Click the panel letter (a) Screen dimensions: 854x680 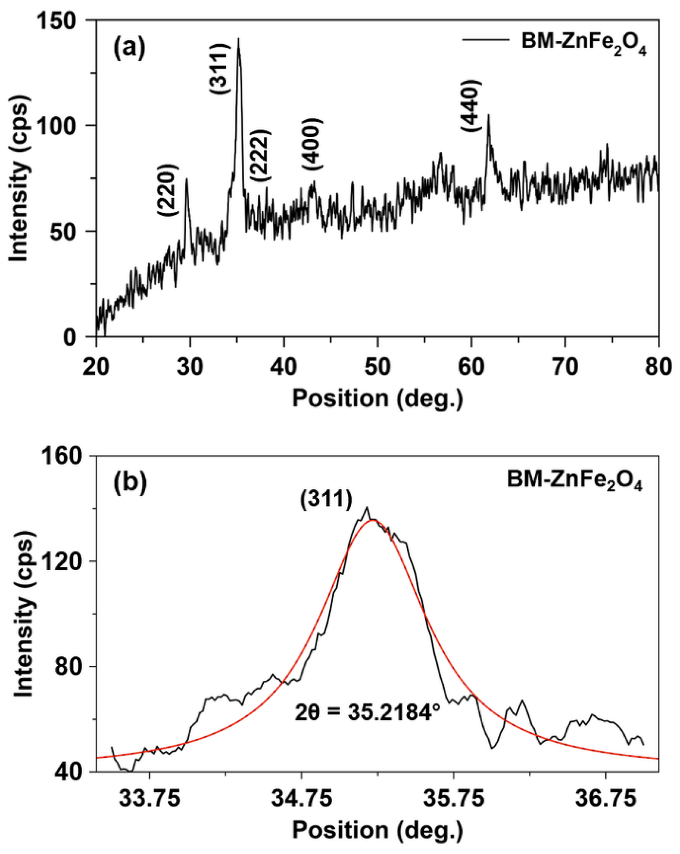129,48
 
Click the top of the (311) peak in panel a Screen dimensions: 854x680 238,39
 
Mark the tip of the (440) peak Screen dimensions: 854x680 488,115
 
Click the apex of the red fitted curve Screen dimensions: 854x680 372,520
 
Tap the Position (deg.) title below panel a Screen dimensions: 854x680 377,399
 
